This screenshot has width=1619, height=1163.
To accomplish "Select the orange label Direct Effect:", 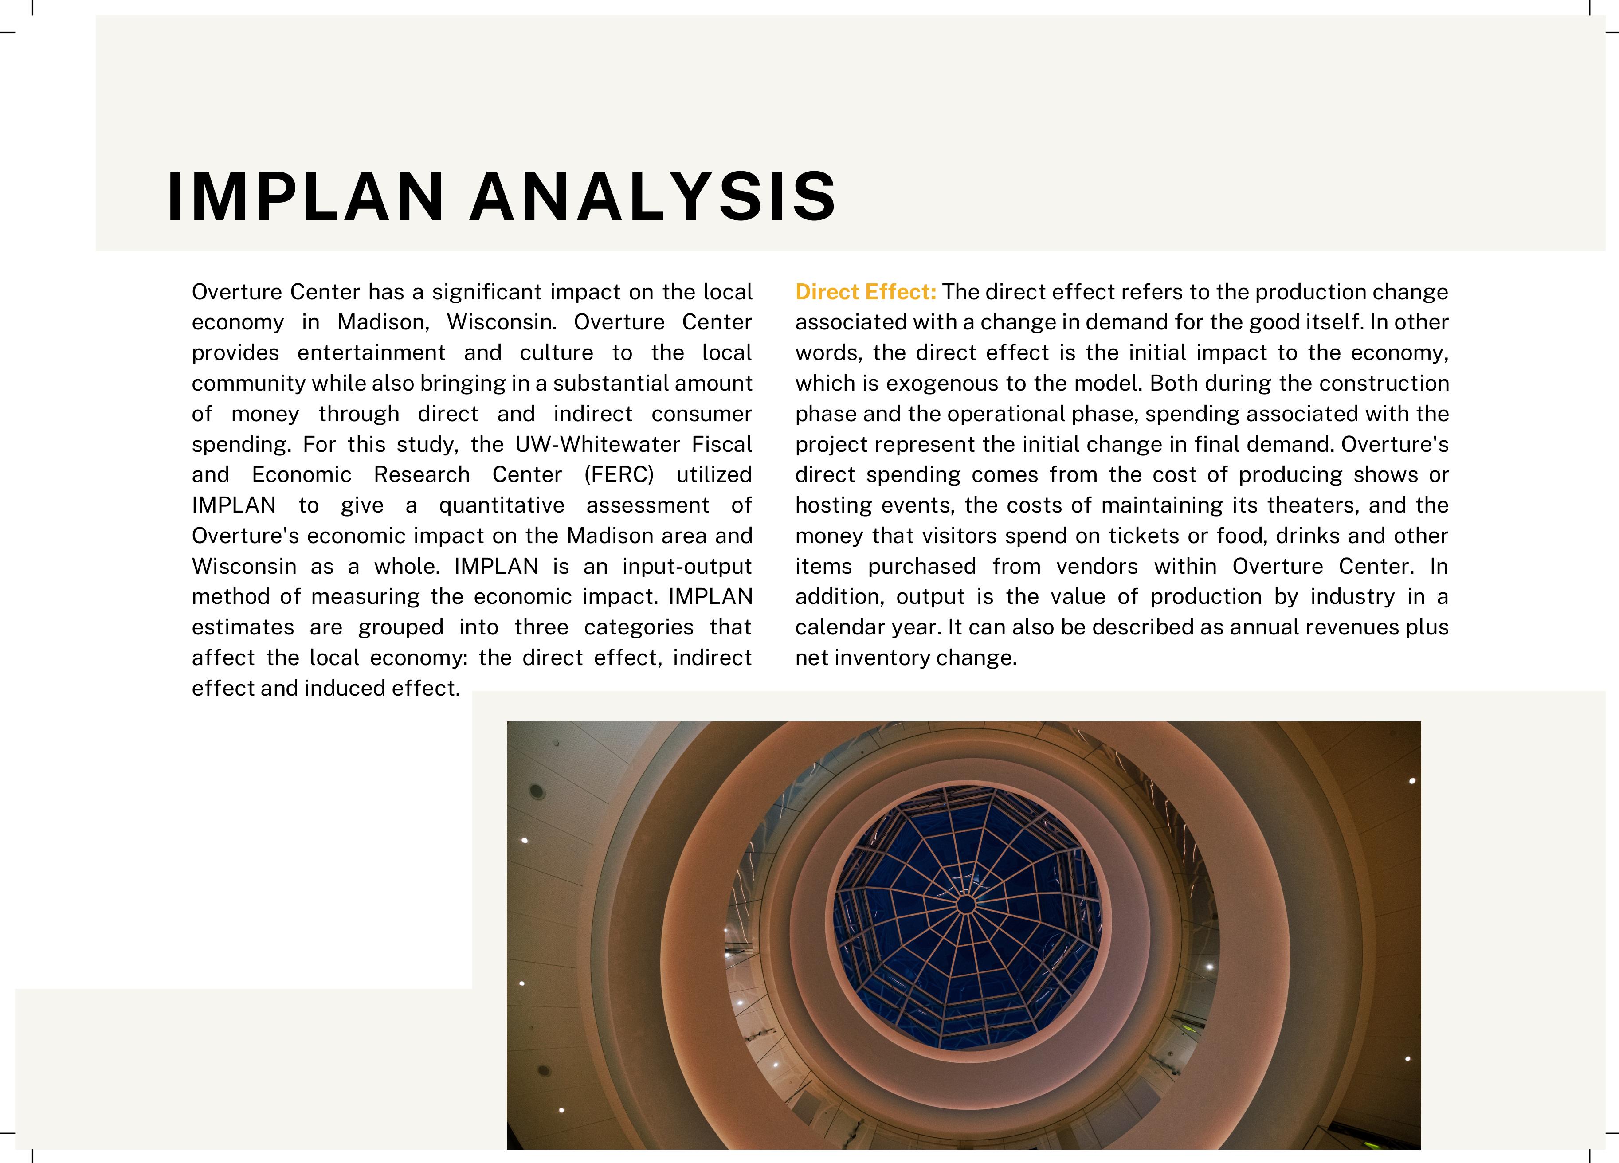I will [865, 292].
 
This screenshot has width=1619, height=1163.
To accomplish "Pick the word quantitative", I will [501, 505].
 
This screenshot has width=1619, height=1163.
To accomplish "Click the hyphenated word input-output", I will [687, 567].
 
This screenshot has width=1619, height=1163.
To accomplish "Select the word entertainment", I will [371, 352].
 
